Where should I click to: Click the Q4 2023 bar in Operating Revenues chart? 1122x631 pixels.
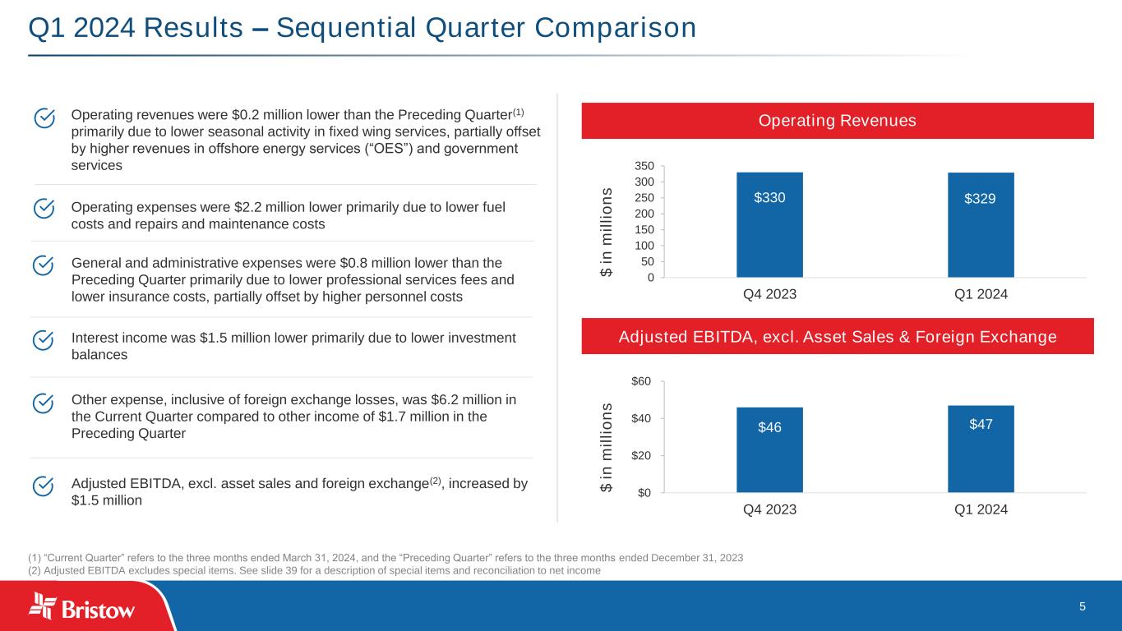click(769, 224)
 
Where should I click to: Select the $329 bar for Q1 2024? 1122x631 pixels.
click(981, 224)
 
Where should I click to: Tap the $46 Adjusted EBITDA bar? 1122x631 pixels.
click(769, 449)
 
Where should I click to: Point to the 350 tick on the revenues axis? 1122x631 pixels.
click(644, 166)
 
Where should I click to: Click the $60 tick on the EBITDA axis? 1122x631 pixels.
click(642, 381)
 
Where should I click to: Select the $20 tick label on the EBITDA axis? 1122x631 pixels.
click(642, 455)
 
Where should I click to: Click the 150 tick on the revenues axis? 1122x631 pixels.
click(644, 229)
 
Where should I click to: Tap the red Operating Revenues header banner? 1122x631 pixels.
click(838, 121)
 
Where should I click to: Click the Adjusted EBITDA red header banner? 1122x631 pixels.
click(838, 336)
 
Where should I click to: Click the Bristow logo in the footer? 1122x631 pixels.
click(82, 608)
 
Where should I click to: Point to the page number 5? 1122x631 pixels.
click(1083, 606)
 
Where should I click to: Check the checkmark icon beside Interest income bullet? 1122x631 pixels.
click(44, 339)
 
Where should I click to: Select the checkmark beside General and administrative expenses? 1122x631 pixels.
click(44, 265)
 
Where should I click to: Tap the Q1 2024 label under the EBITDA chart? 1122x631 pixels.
click(981, 509)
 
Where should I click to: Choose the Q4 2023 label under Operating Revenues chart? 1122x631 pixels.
click(769, 294)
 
